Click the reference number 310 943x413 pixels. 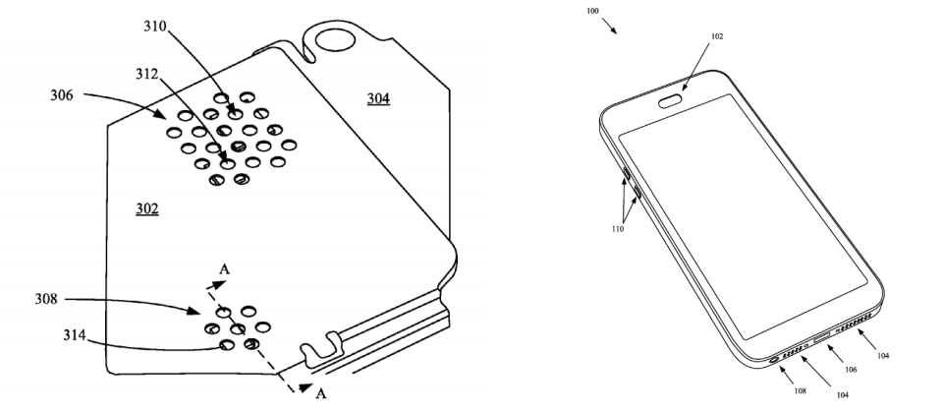154,26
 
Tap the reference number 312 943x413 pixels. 146,74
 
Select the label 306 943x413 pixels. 61,94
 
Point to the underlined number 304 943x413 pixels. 378,98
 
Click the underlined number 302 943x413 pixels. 146,208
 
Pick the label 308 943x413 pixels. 46,299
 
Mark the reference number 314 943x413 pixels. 75,335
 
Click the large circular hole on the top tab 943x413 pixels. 336,40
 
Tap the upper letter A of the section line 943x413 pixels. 224,268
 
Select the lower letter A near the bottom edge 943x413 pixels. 320,393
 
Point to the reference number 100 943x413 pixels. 592,11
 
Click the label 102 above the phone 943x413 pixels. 717,36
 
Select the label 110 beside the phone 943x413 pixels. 618,229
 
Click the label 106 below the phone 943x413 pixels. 851,370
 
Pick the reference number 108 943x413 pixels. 800,390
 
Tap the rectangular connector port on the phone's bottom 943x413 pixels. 822,337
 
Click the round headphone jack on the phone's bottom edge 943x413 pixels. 774,359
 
